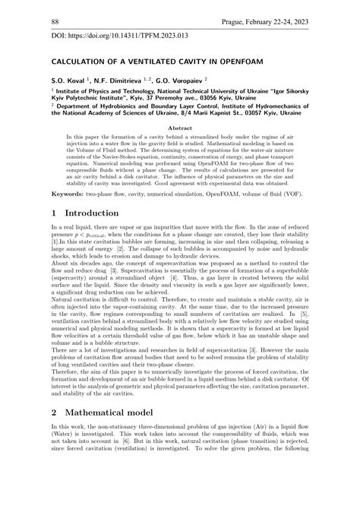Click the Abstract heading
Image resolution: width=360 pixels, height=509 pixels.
point(179,129)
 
